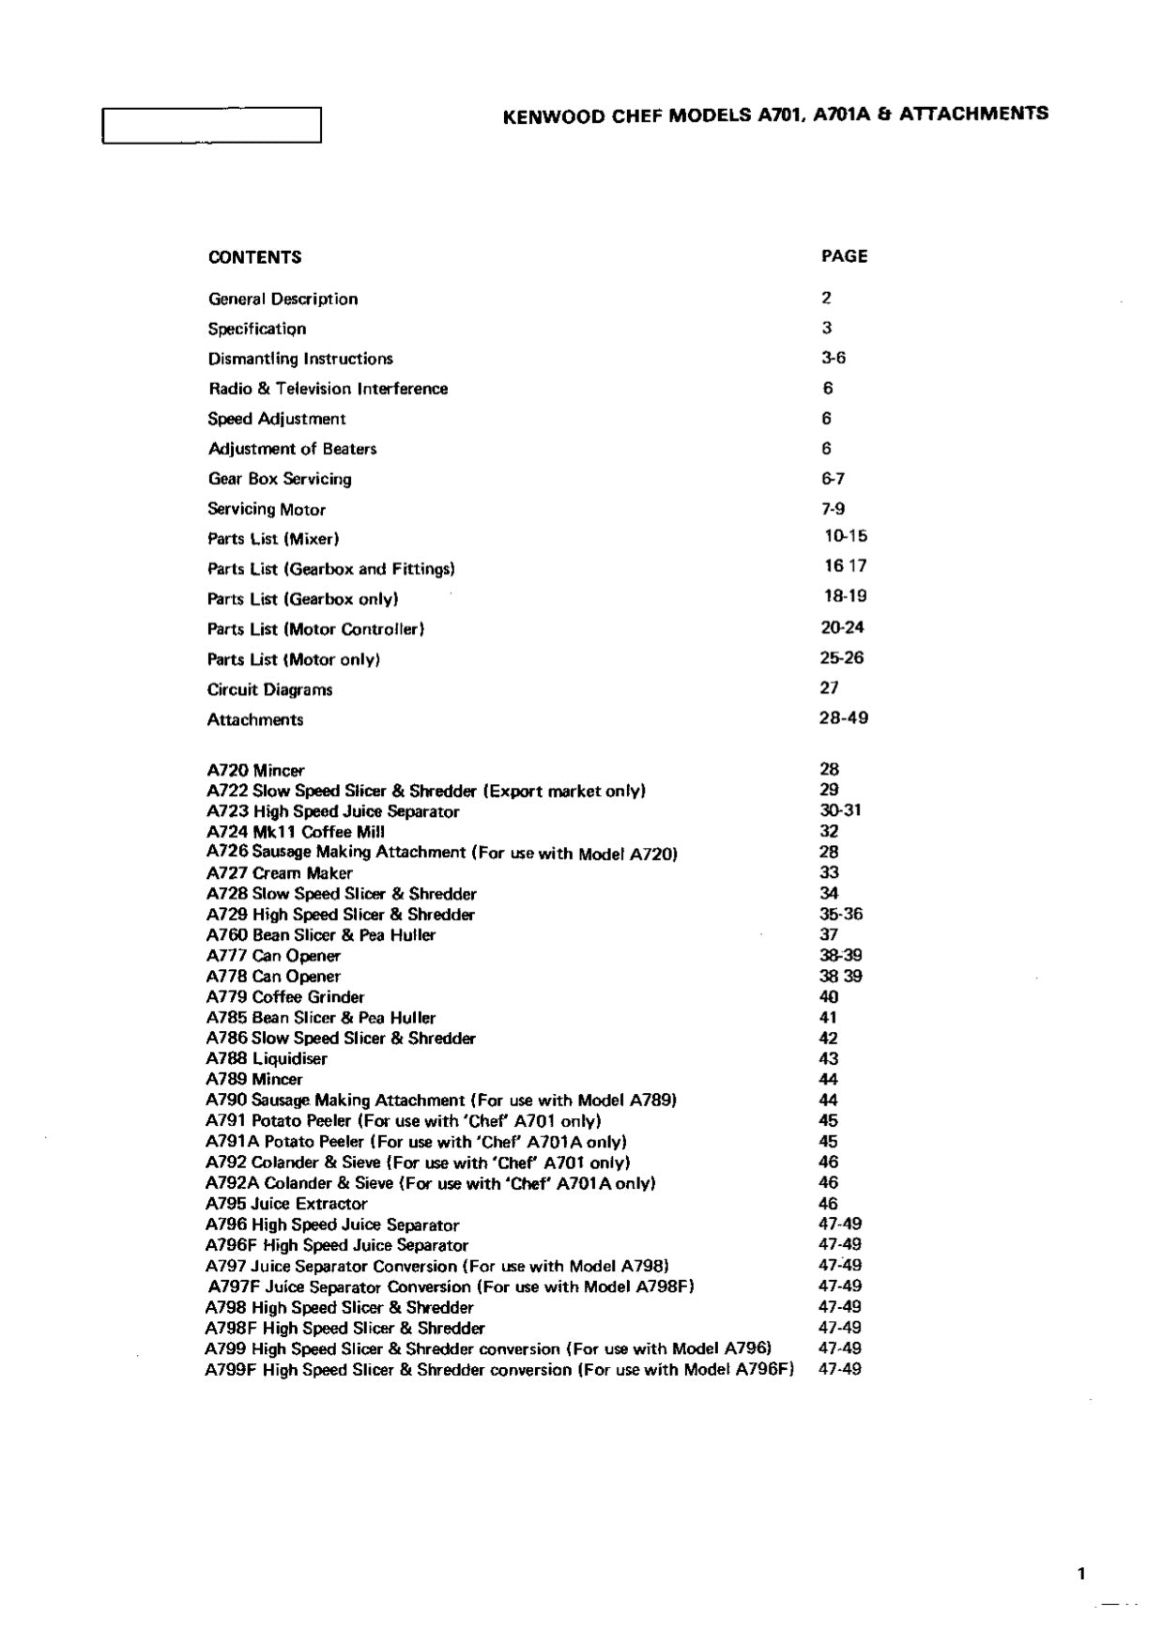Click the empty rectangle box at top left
tap(211, 125)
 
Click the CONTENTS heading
tap(254, 257)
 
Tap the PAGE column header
tap(844, 256)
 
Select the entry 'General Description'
tap(283, 300)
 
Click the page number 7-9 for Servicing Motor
tap(833, 509)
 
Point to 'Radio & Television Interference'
tap(328, 389)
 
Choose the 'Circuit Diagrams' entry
tap(269, 690)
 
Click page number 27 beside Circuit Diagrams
tap(830, 688)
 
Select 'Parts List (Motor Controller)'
tap(315, 629)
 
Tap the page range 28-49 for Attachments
tap(844, 718)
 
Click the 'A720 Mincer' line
tap(255, 771)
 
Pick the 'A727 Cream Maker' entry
tap(279, 873)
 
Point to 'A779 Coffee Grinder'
tap(285, 997)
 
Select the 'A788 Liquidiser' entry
tap(267, 1059)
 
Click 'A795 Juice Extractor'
tap(286, 1204)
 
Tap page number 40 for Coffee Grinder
tap(829, 997)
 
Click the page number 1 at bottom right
tap(1081, 1574)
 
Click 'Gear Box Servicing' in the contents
tap(280, 479)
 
